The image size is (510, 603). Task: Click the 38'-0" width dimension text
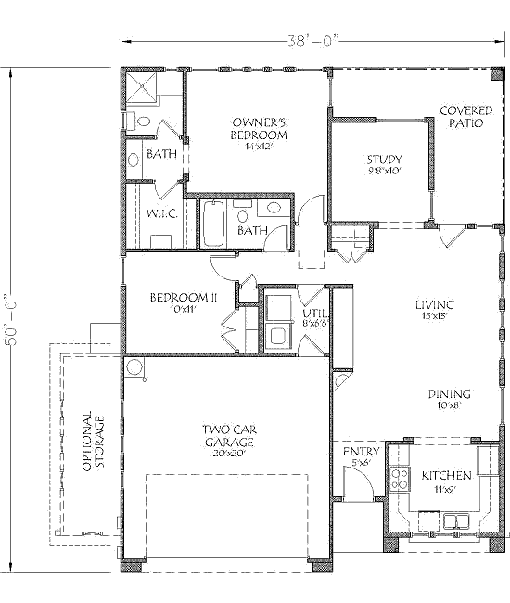click(x=312, y=41)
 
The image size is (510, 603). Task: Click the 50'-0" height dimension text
click(x=13, y=320)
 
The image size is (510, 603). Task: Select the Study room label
click(x=384, y=164)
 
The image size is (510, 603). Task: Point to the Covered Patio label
click(x=466, y=117)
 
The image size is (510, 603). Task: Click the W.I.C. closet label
click(x=161, y=213)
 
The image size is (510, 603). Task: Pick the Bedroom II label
click(x=184, y=301)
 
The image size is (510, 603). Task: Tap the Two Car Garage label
click(x=230, y=440)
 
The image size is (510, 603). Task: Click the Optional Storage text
click(x=93, y=441)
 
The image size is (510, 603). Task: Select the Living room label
click(x=435, y=309)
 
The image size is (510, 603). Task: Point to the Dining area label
click(x=450, y=398)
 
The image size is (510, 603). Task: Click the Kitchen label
click(x=446, y=480)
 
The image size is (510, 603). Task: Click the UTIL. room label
click(x=316, y=316)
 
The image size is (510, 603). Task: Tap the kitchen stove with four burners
click(x=400, y=479)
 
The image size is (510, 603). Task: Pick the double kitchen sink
click(x=456, y=521)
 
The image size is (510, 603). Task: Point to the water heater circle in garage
click(x=134, y=367)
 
